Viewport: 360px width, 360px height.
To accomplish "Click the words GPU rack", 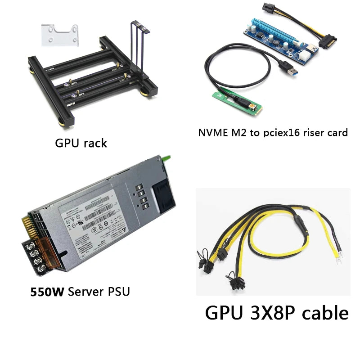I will (81, 144).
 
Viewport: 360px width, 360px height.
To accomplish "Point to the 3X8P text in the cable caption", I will (265, 312).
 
